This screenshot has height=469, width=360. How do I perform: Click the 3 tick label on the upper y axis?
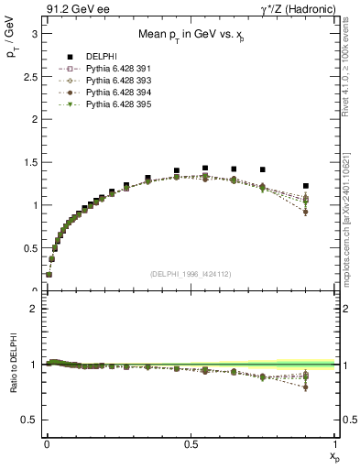point(34,33)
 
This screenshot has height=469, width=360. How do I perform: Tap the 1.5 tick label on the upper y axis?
point(30,162)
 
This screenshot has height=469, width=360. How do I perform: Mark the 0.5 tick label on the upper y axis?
point(30,248)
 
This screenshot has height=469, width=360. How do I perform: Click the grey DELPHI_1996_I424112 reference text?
point(191,273)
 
